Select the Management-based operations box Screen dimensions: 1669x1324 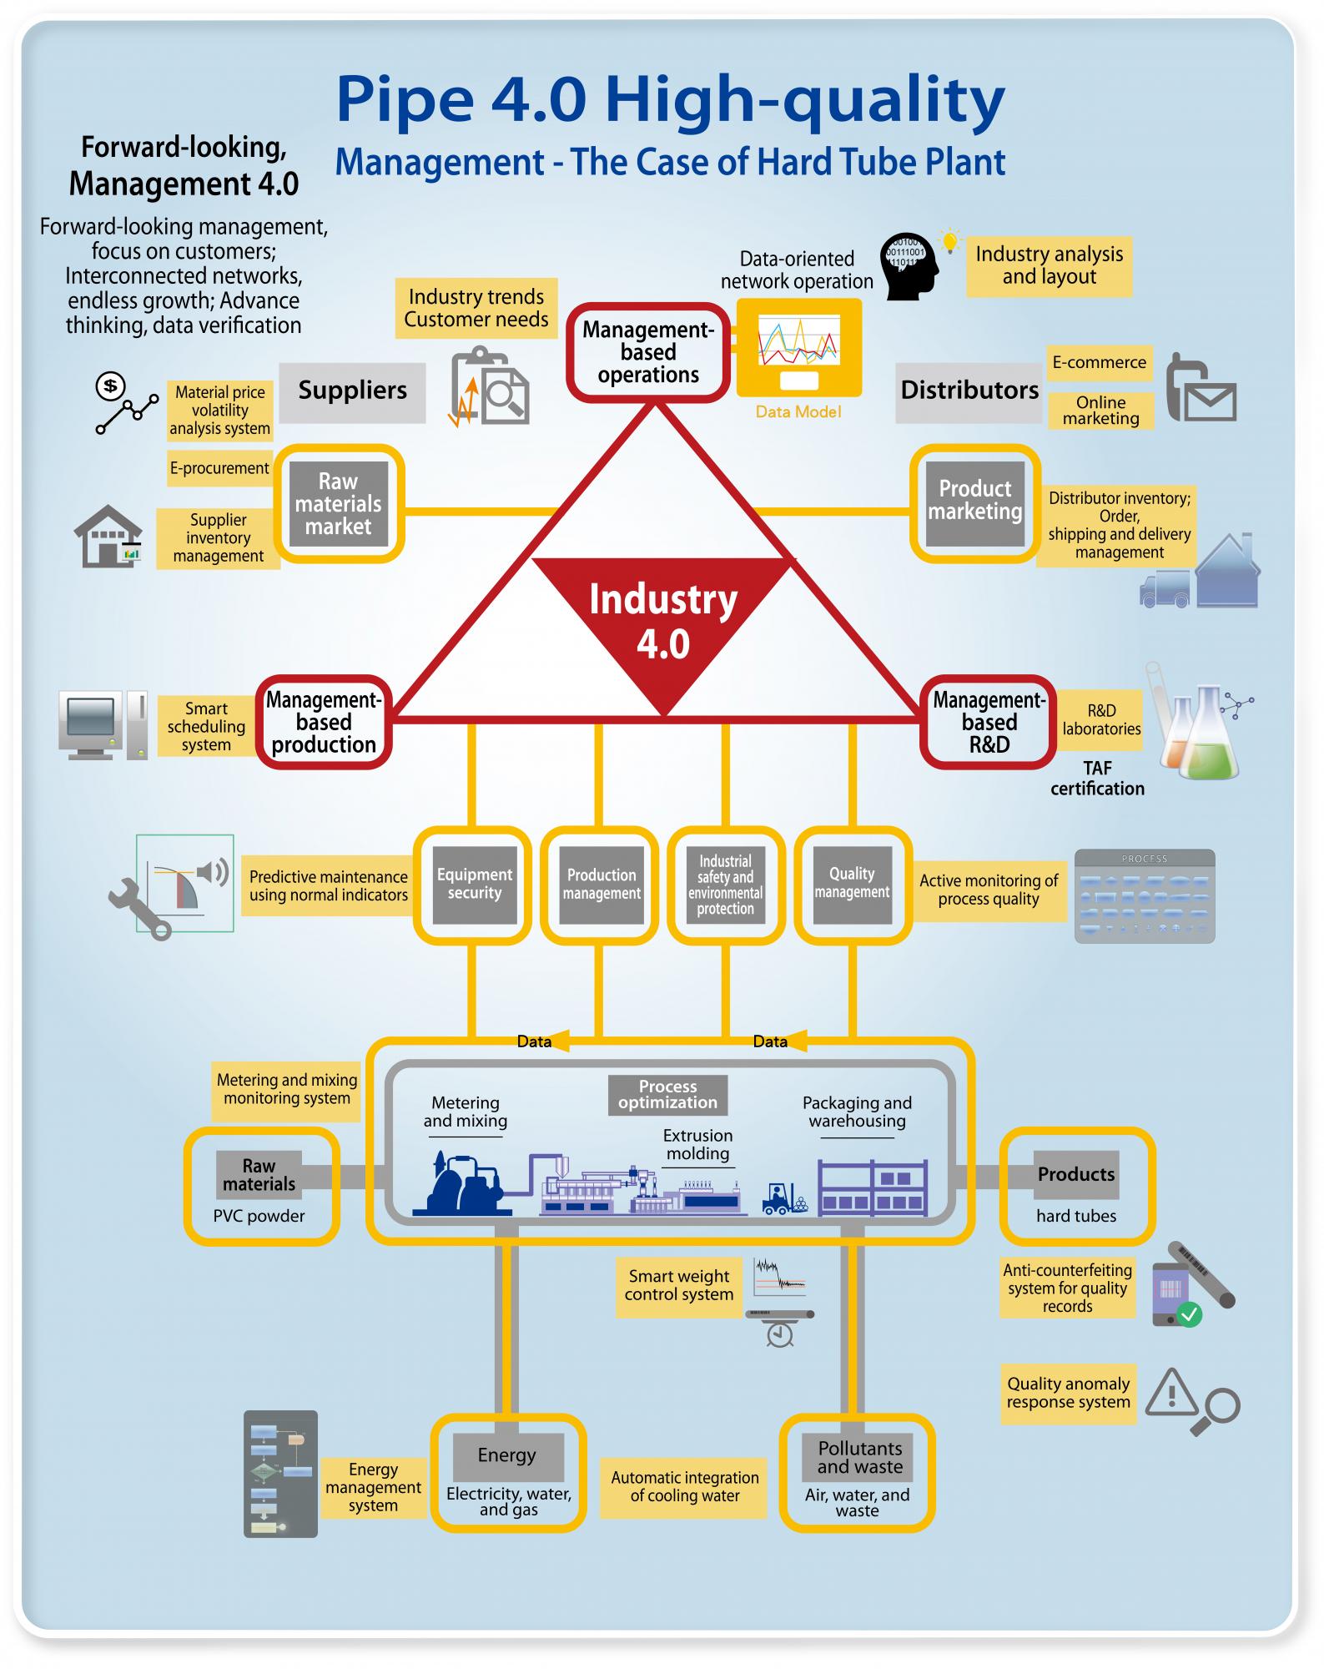tap(648, 353)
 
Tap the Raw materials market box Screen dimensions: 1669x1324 tap(338, 503)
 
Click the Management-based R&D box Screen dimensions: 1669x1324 tap(989, 723)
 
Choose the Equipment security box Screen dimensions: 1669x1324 tap(474, 885)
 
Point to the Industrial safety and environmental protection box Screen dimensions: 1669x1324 tap(725, 885)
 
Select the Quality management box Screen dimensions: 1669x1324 tap(852, 885)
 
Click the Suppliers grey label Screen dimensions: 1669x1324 tap(352, 391)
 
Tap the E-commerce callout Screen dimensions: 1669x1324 tap(1099, 363)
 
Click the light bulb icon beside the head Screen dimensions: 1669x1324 tap(949, 241)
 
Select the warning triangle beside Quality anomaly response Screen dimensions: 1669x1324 tap(1171, 1393)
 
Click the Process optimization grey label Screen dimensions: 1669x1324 tap(667, 1095)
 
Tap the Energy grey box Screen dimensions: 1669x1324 tap(507, 1455)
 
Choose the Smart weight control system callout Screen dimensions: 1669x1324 tap(679, 1286)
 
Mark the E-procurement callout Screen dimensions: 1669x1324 tap(219, 469)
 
